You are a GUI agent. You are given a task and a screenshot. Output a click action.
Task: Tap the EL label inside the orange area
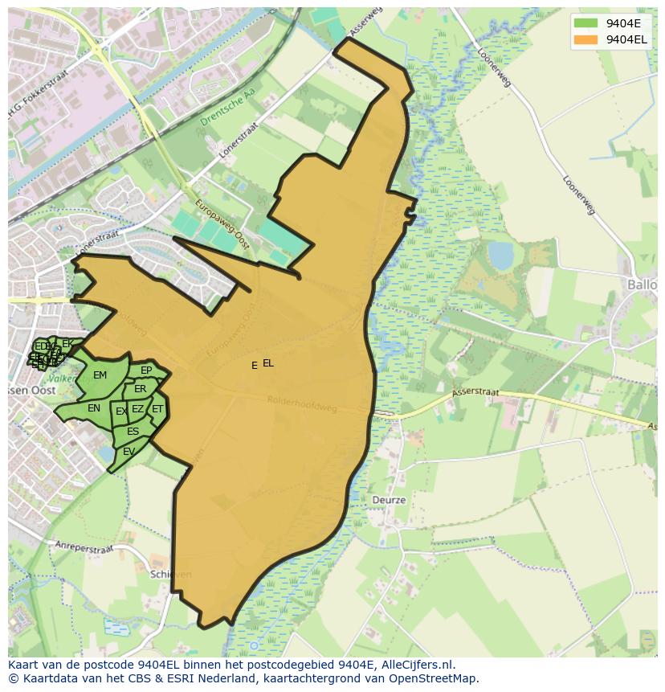click(x=268, y=363)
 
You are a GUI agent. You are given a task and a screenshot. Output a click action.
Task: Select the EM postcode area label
click(x=100, y=375)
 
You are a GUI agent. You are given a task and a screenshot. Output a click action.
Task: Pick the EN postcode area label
click(x=94, y=408)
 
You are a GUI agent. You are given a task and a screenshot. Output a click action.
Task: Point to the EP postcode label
click(x=146, y=371)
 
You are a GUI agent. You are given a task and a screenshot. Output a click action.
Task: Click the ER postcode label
click(x=141, y=389)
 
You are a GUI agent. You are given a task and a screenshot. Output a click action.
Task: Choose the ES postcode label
click(x=133, y=432)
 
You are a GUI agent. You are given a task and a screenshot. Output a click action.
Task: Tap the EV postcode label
click(x=129, y=452)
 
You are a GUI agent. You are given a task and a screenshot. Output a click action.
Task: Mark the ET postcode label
click(x=157, y=409)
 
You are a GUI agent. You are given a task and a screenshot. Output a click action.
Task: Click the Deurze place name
click(x=389, y=500)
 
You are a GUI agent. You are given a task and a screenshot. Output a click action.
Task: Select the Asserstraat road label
click(x=475, y=393)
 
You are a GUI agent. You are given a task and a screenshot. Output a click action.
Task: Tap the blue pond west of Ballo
click(x=500, y=256)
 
